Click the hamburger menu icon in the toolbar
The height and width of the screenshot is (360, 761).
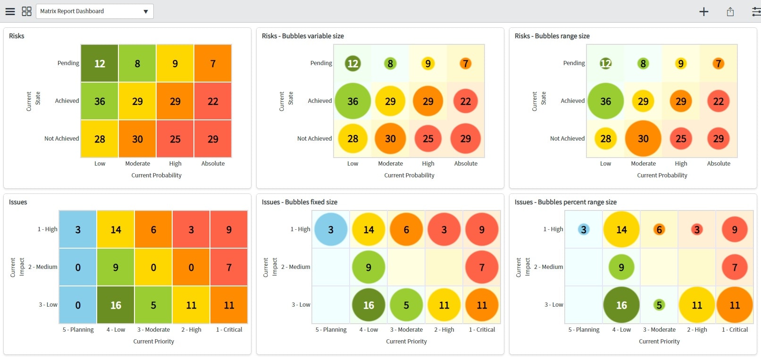click(10, 11)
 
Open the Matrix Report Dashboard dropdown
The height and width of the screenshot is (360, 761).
click(94, 11)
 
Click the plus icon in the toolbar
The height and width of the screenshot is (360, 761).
click(703, 12)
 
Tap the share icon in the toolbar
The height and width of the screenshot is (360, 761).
click(730, 12)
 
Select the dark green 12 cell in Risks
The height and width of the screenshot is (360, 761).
click(100, 64)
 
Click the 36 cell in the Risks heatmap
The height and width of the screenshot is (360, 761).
click(100, 101)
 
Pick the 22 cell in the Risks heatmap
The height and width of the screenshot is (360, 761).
click(213, 101)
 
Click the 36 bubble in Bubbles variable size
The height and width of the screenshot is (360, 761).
click(352, 101)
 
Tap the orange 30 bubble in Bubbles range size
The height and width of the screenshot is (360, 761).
click(643, 139)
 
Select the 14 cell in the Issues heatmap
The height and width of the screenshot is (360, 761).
click(116, 230)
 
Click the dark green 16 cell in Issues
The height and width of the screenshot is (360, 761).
click(116, 305)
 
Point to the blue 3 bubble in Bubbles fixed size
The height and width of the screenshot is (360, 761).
click(331, 230)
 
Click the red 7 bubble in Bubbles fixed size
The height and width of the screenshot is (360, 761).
click(482, 268)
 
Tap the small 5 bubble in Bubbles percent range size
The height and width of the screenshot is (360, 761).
click(659, 305)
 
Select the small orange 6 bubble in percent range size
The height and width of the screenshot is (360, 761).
click(659, 230)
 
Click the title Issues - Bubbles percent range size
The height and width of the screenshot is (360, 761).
click(565, 202)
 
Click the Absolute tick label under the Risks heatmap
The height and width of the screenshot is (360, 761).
click(213, 164)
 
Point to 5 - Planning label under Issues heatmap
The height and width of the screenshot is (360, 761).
click(78, 330)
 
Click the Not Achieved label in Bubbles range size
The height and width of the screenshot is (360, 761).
click(567, 139)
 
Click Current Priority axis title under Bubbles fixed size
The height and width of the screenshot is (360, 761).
click(406, 342)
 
